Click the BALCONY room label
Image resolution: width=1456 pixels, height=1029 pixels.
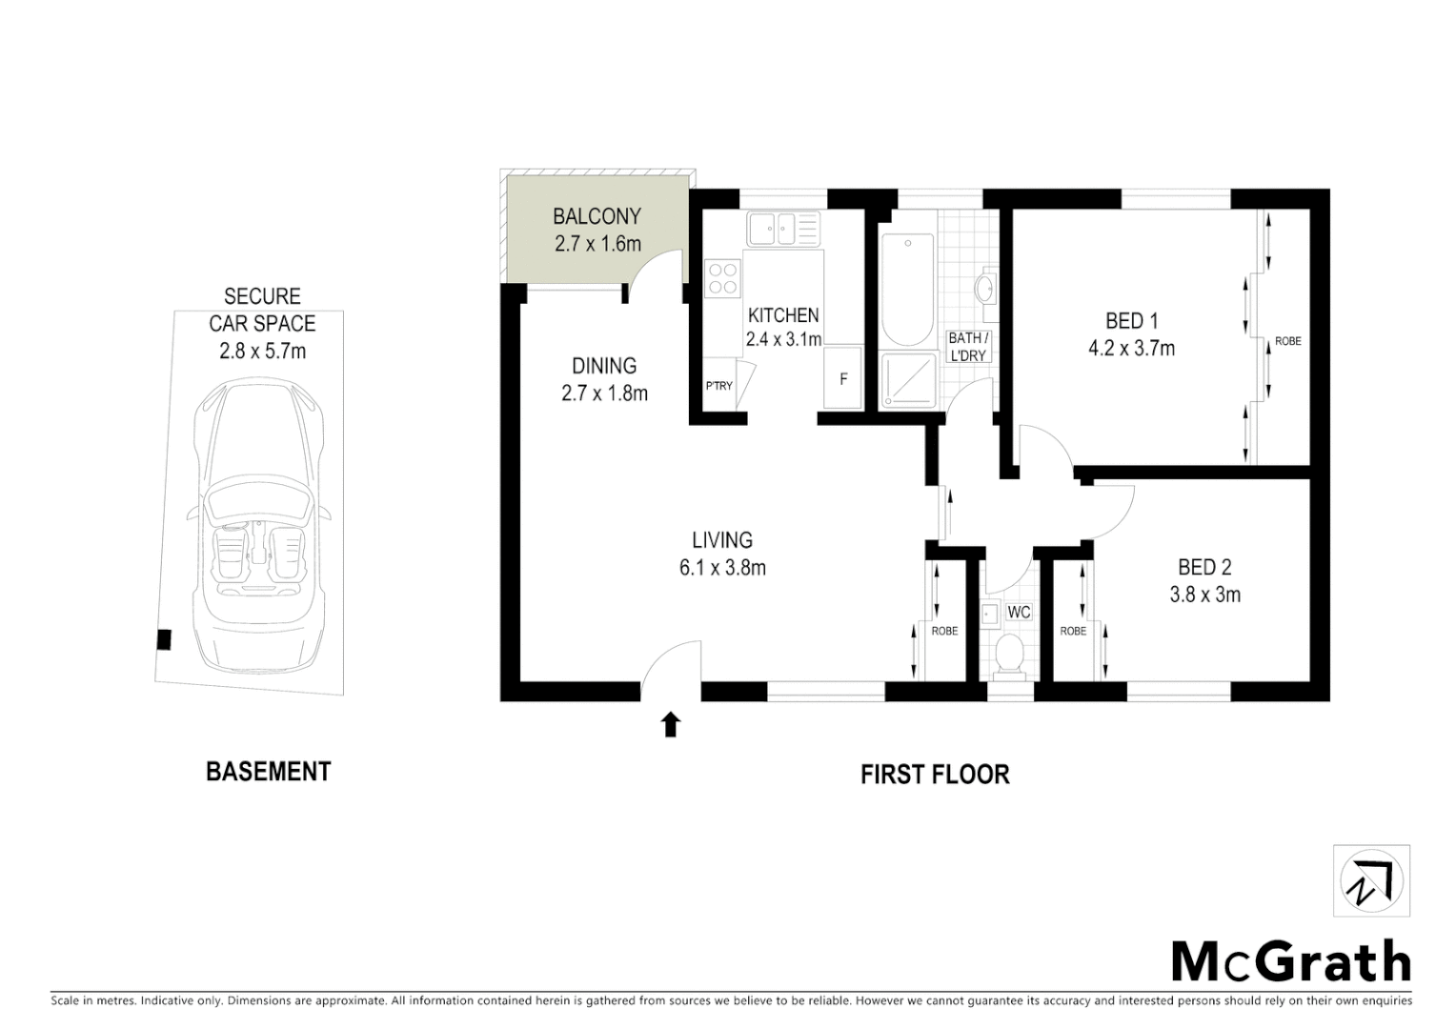597,217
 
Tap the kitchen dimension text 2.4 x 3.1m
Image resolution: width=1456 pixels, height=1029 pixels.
783,339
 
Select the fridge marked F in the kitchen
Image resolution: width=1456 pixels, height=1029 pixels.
842,379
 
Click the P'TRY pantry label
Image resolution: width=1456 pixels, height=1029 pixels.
718,386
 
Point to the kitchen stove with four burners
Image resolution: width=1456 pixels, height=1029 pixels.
723,277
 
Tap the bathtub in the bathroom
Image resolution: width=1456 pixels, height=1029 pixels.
907,291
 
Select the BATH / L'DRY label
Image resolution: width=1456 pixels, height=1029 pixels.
967,347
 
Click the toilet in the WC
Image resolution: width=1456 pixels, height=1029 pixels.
1007,654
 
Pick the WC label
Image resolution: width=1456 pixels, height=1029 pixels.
1019,612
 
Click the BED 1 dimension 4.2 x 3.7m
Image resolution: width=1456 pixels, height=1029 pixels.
1131,349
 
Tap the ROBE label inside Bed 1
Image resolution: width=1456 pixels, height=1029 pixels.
1287,341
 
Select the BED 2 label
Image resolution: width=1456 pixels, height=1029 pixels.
1204,568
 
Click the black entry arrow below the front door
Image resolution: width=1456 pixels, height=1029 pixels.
671,725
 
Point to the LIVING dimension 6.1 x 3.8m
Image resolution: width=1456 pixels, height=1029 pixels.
722,569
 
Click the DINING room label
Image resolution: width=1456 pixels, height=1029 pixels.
604,366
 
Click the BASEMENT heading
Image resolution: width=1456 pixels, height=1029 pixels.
268,772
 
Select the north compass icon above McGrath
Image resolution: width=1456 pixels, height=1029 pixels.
1370,881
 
